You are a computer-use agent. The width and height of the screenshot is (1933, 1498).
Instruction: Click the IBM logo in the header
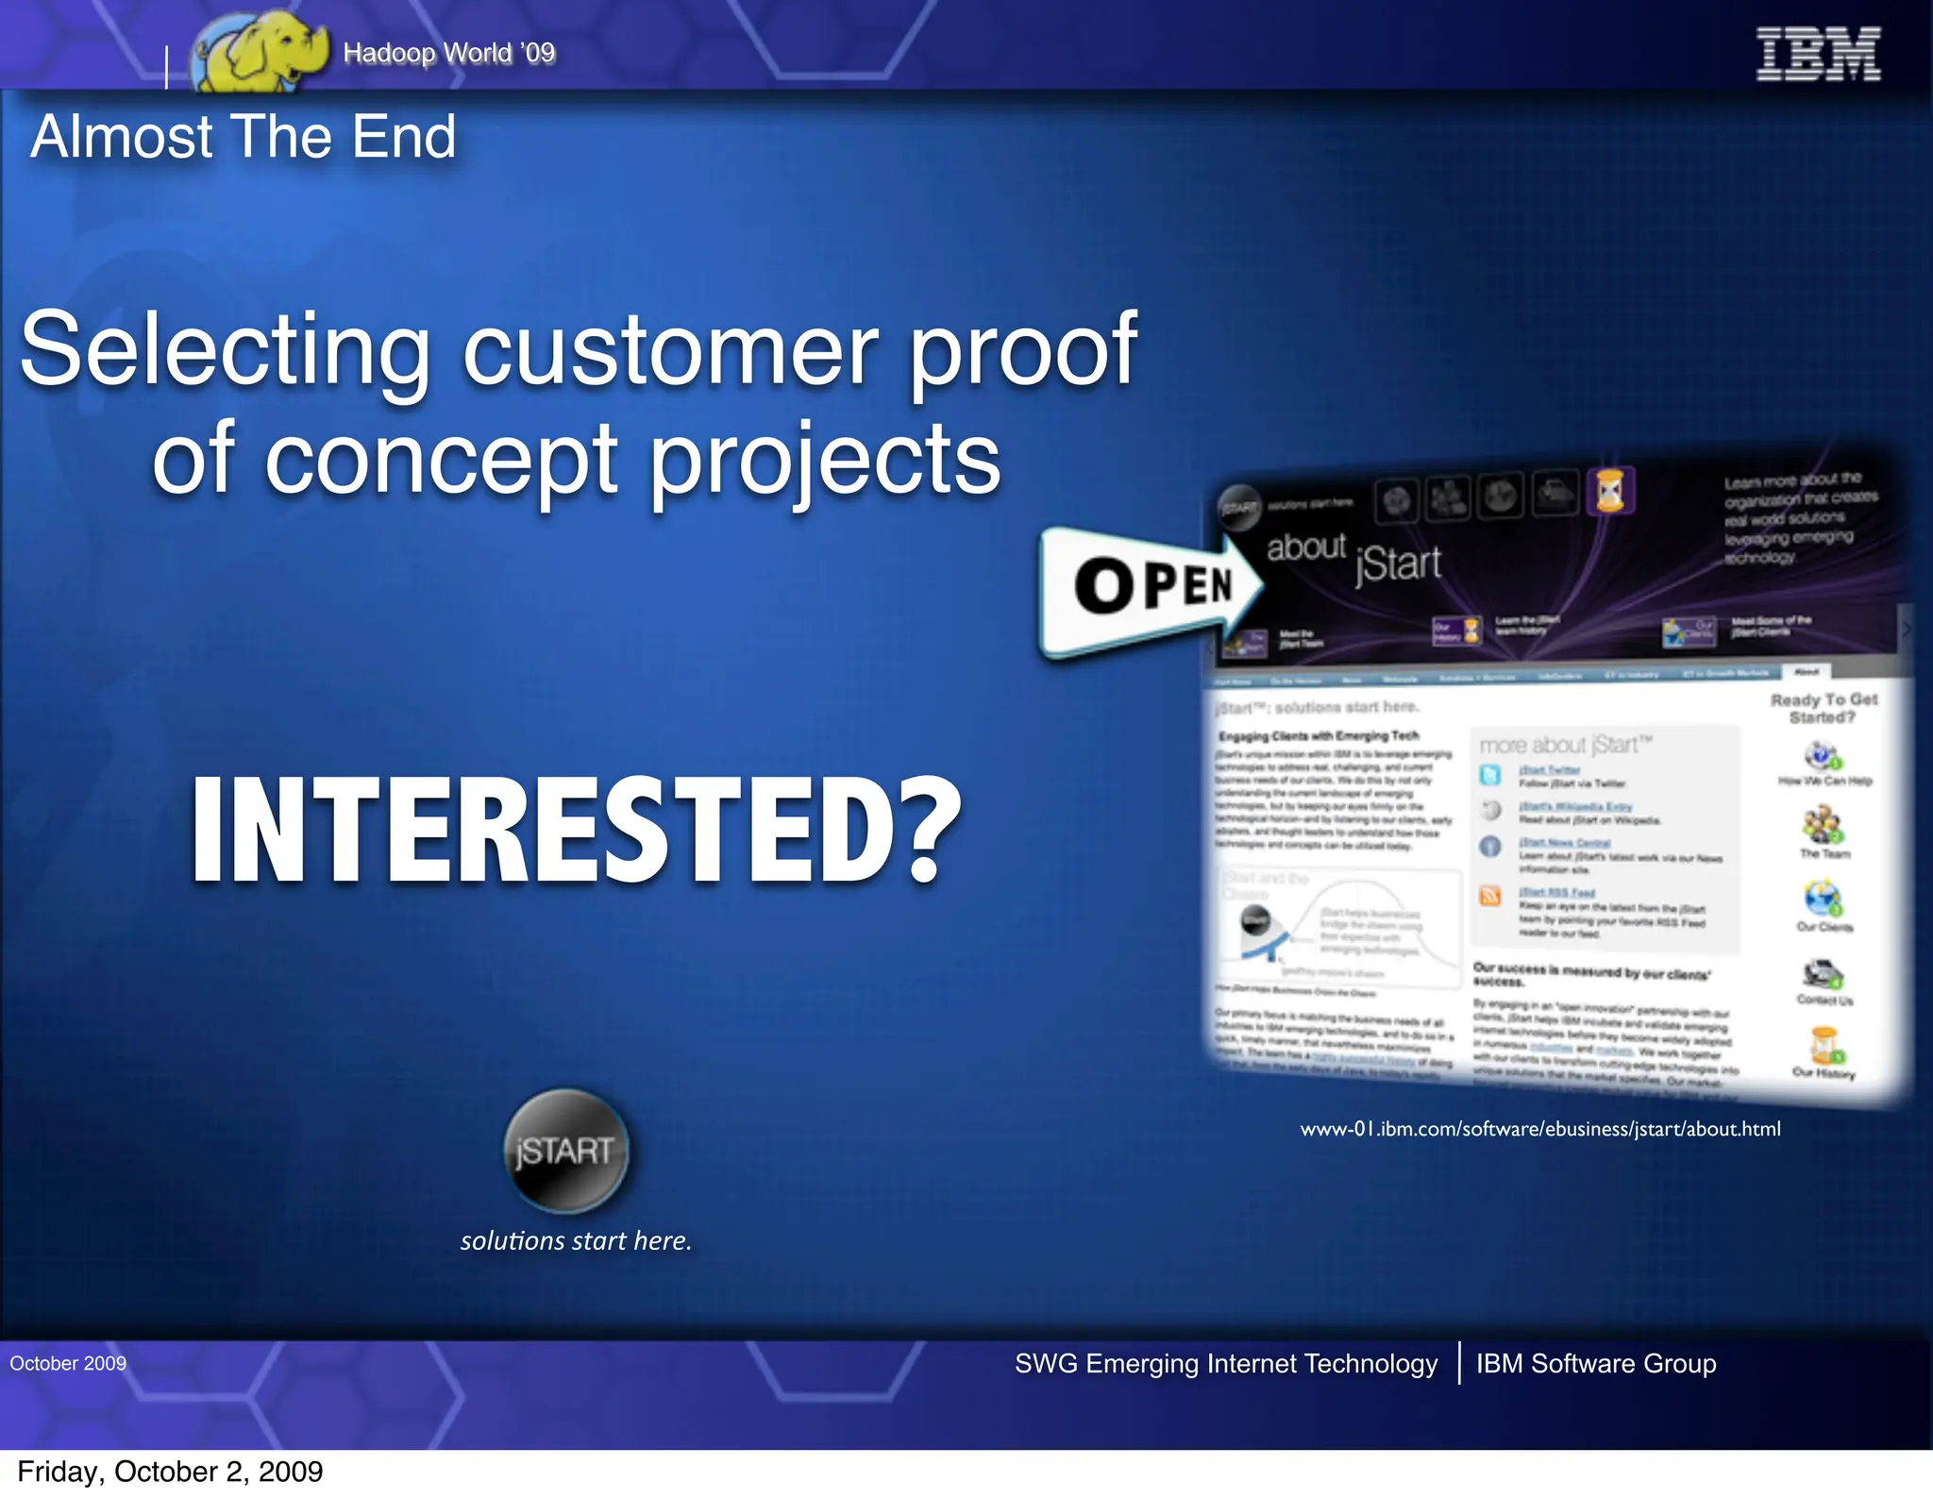pyautogui.click(x=1818, y=54)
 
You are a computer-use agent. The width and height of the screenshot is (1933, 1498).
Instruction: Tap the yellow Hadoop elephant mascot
pyautogui.click(x=259, y=52)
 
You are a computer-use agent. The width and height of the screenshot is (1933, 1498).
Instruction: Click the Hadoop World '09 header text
pyautogui.click(x=449, y=53)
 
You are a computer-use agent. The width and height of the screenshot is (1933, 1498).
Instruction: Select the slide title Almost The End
pyautogui.click(x=244, y=137)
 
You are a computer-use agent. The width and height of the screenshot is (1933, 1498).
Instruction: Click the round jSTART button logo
pyautogui.click(x=565, y=1151)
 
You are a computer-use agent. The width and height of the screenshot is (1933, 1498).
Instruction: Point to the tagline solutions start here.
pyautogui.click(x=576, y=1240)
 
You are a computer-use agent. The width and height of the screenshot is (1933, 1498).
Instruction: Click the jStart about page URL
pyautogui.click(x=1540, y=1129)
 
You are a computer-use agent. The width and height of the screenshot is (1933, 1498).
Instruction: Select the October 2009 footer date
pyautogui.click(x=68, y=1363)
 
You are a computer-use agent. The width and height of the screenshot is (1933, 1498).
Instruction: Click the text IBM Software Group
pyautogui.click(x=1596, y=1363)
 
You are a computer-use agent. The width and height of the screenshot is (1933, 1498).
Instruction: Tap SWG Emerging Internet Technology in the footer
pyautogui.click(x=1226, y=1363)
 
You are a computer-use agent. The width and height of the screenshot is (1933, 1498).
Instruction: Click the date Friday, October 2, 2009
pyautogui.click(x=170, y=1472)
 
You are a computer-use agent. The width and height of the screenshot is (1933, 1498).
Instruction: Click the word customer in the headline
pyautogui.click(x=670, y=351)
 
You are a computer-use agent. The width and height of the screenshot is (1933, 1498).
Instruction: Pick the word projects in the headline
pyautogui.click(x=826, y=461)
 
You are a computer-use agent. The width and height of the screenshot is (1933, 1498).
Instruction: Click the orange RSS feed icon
pyautogui.click(x=1490, y=895)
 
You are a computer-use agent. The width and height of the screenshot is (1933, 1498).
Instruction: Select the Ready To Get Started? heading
pyautogui.click(x=1824, y=708)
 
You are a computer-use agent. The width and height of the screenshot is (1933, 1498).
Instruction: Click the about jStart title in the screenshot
pyautogui.click(x=1353, y=557)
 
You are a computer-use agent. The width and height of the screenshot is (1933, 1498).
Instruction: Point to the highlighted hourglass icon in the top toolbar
pyautogui.click(x=1610, y=491)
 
